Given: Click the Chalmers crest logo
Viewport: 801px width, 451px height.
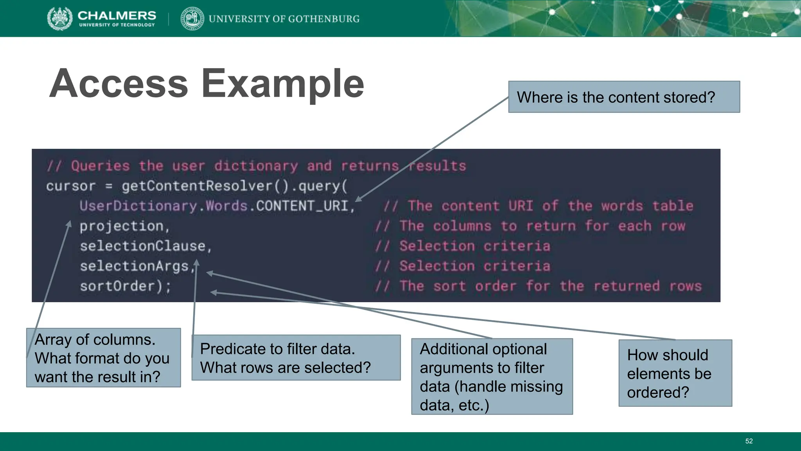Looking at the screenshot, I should point(60,18).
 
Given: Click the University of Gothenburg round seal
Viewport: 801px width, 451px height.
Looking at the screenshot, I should point(192,18).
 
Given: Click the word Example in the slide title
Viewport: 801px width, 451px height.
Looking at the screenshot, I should point(282,83).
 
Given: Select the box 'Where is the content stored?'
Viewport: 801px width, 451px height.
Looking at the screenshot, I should point(624,97).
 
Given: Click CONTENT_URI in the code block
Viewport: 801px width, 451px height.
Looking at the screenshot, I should point(302,206).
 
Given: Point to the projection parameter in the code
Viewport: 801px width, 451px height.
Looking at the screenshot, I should point(122,226).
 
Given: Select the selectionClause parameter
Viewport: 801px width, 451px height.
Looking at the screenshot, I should point(143,246).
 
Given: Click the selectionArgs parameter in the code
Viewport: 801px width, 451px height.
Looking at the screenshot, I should point(135,266).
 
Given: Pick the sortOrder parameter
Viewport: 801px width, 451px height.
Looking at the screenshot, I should point(118,286).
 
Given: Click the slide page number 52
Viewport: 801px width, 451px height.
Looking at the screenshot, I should point(749,441).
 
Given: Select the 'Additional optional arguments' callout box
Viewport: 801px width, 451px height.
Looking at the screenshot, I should point(492,377).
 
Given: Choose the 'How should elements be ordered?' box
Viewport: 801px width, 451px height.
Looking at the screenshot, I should point(675,373).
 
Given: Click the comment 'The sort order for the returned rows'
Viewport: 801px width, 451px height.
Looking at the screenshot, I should point(538,286).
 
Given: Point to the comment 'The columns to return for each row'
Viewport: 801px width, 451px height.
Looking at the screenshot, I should point(530,226).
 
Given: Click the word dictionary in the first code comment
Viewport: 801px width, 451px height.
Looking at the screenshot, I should point(256,166).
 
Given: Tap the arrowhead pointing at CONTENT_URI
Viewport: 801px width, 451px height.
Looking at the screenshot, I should point(359,200).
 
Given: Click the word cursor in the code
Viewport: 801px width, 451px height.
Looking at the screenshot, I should point(71,186).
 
